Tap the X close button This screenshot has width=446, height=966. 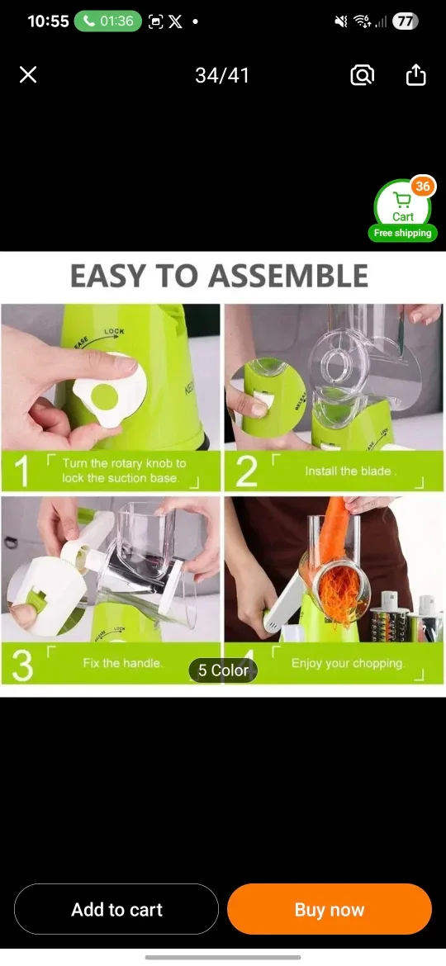[x=28, y=75]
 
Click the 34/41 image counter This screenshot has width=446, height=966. [x=222, y=75]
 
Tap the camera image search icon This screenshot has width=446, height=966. [x=362, y=75]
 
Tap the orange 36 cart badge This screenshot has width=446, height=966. [x=423, y=187]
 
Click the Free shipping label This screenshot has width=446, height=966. [x=402, y=234]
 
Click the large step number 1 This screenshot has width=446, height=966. [x=22, y=471]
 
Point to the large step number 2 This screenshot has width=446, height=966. [x=245, y=471]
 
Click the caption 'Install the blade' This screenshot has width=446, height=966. [x=351, y=471]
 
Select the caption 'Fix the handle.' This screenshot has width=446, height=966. [x=122, y=663]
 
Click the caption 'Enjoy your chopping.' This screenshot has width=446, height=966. [x=348, y=663]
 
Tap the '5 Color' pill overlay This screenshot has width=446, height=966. [x=223, y=670]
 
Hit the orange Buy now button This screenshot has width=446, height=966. [x=330, y=909]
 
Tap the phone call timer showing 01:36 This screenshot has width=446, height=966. [x=108, y=21]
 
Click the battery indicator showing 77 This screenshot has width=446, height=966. [x=405, y=21]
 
